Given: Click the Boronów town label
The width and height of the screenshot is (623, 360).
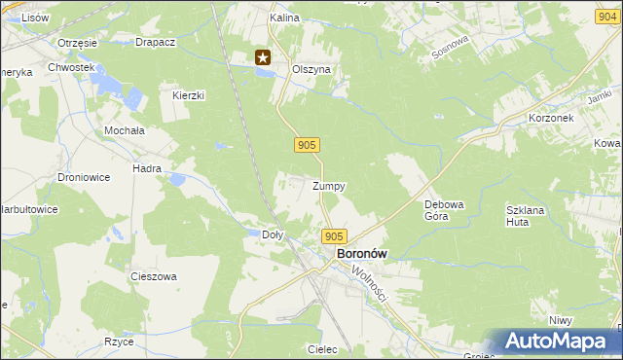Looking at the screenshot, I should pyautogui.click(x=361, y=253).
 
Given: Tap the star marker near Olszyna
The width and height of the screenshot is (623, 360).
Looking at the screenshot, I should pyautogui.click(x=263, y=58).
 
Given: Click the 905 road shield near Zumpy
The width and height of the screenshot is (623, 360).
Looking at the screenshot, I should pyautogui.click(x=307, y=145).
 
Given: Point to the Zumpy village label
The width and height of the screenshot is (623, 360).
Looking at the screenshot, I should pyautogui.click(x=329, y=186).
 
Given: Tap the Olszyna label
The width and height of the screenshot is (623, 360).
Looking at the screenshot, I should pyautogui.click(x=312, y=70).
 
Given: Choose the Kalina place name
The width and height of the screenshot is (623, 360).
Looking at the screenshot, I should pyautogui.click(x=284, y=18).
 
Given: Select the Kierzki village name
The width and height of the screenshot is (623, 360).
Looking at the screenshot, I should pyautogui.click(x=188, y=95).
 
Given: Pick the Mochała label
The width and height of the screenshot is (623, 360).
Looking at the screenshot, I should pyautogui.click(x=125, y=129).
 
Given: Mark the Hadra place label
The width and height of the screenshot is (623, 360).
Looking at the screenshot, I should pyautogui.click(x=147, y=168).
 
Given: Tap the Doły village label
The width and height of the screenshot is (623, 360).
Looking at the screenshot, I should pyautogui.click(x=274, y=234).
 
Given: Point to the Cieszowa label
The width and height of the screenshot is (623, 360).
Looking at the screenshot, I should pyautogui.click(x=154, y=276).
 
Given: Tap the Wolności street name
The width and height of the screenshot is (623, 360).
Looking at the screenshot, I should pyautogui.click(x=370, y=283).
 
